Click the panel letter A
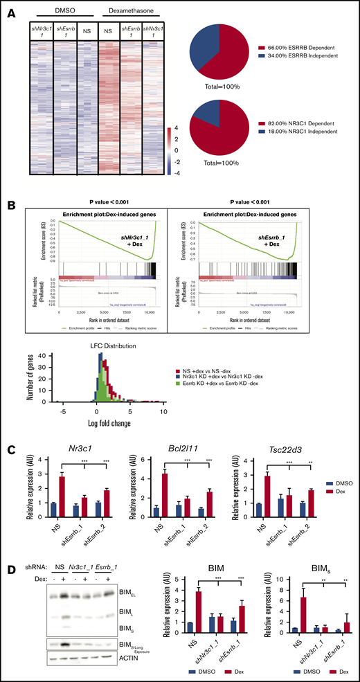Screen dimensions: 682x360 pyautogui.click(x=8, y=8)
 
